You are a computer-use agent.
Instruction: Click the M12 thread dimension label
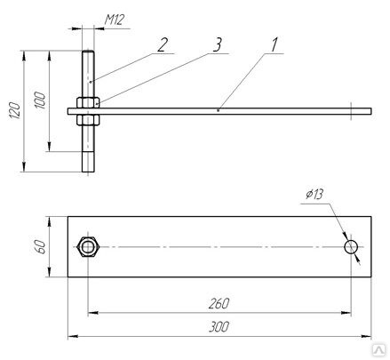point(114,20)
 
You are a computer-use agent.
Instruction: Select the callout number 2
point(163,45)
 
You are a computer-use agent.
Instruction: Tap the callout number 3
point(218,45)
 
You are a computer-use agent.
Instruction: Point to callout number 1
point(275,45)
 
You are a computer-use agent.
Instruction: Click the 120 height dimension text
point(15,110)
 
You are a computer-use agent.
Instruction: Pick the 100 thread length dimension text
point(41,100)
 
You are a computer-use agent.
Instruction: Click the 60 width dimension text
point(41,247)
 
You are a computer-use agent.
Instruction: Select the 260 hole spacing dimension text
point(219,304)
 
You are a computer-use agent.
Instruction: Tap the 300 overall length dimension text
point(219,327)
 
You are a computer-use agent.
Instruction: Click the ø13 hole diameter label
point(314,195)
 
